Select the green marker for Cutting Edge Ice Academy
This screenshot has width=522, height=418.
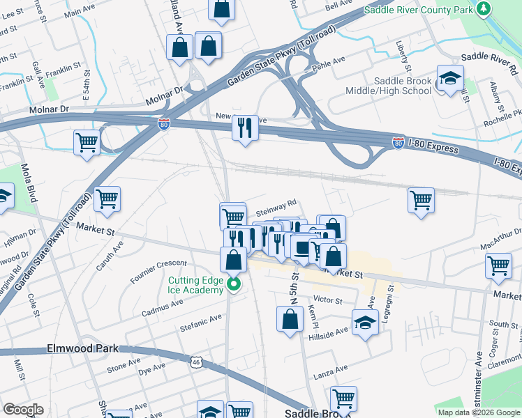(234, 285)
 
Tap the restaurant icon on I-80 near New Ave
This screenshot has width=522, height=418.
(244, 127)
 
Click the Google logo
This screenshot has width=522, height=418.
(23, 410)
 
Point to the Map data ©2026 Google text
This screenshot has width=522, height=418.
(479, 412)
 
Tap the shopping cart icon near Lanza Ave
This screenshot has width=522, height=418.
(343, 399)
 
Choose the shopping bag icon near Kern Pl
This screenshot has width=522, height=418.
(290, 319)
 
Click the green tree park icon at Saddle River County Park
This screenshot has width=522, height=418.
(483, 8)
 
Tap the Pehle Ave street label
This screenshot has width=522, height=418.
(331, 62)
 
